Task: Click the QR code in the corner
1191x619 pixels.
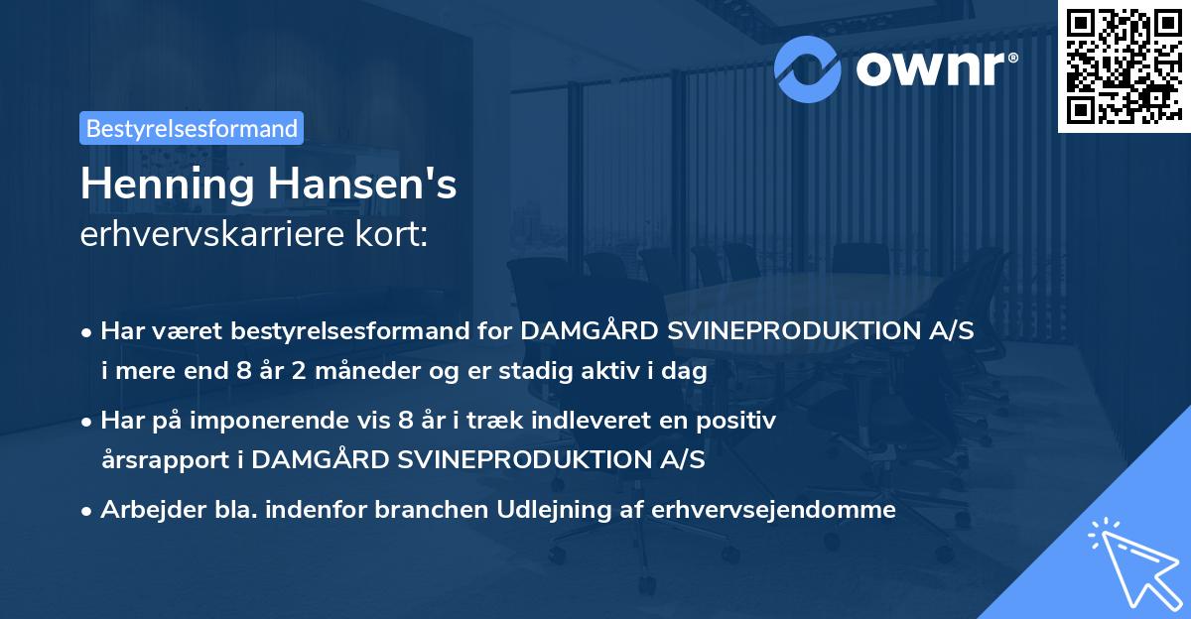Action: [1124, 66]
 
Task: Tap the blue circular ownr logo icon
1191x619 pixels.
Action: [808, 66]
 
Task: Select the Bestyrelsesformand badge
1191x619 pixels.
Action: [192, 128]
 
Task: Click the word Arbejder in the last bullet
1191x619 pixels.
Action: [144, 510]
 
